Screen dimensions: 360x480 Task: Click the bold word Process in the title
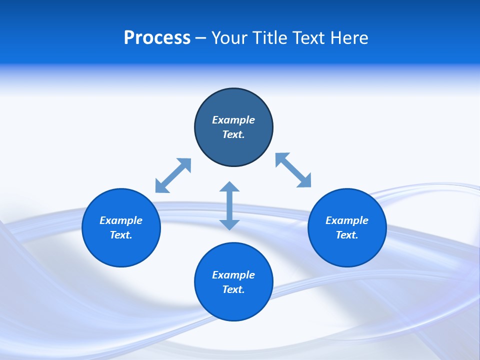coord(157,38)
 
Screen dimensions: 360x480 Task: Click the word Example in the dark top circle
coord(233,120)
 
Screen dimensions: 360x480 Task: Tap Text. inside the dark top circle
coord(233,134)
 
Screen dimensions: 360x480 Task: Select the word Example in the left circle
coord(121,220)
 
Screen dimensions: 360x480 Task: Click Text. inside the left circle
coord(121,235)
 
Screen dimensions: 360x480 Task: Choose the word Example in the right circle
coord(347,220)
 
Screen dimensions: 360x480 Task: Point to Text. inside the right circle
coord(347,235)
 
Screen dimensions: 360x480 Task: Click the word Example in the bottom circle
coord(233,275)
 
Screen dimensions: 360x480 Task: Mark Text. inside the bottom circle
coord(233,289)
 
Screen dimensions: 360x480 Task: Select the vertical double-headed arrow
coord(229,205)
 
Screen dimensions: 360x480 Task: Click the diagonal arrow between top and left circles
coord(173,175)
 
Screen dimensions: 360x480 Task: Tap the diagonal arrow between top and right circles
coord(293,170)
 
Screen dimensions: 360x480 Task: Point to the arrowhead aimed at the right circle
coord(304,181)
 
